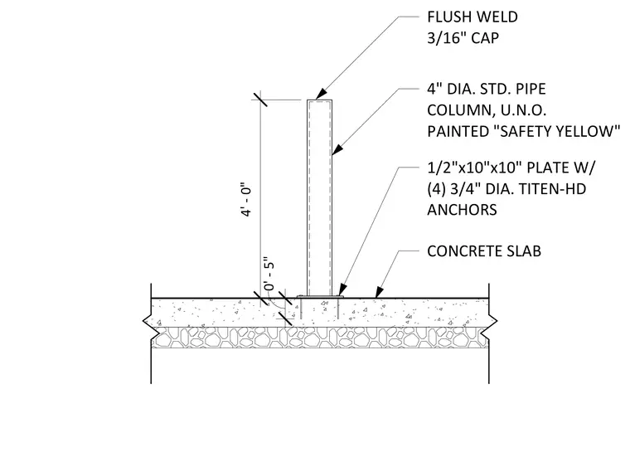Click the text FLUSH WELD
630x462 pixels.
472,17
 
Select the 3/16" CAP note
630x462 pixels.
463,38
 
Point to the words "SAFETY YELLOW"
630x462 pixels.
560,131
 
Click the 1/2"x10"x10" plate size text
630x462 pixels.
474,168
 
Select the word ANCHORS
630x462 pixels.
462,210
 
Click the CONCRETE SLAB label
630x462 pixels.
484,251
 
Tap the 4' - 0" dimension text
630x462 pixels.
246,201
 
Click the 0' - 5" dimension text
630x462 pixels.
269,274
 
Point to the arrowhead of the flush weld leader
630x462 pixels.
321,94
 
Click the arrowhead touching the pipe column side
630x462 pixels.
337,149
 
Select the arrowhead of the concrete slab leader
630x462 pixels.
379,292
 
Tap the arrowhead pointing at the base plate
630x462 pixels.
342,289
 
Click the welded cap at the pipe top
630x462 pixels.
320,100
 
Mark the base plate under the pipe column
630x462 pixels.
320,297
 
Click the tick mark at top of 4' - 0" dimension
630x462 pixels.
260,99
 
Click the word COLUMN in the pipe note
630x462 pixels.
458,110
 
